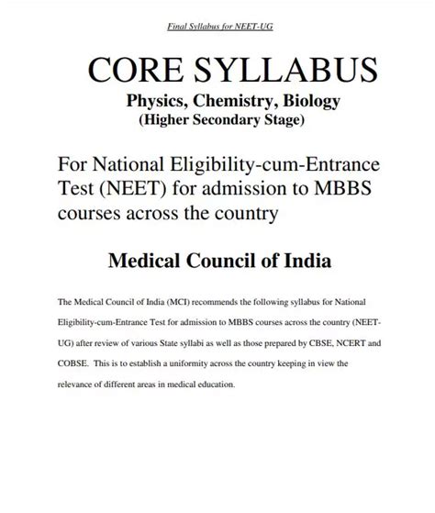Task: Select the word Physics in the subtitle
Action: (x=159, y=102)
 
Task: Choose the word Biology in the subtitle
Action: (x=305, y=102)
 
